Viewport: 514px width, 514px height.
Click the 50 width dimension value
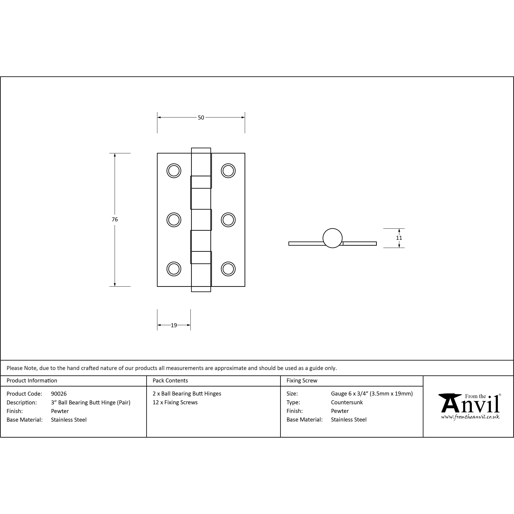point(201,117)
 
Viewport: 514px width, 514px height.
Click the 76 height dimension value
point(115,219)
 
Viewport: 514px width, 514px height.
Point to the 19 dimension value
point(174,325)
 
